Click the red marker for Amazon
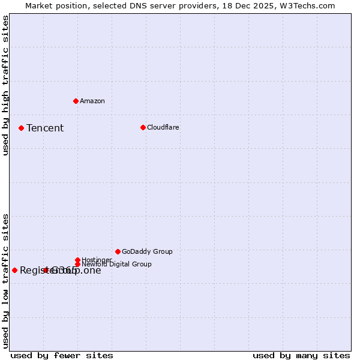click(x=76, y=101)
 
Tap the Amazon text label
click(x=92, y=101)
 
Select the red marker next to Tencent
click(x=21, y=128)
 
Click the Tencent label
click(x=45, y=128)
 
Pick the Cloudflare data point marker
click(x=143, y=127)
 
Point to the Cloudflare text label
click(x=163, y=127)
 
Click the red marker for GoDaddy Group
click(x=118, y=251)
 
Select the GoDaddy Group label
click(x=147, y=251)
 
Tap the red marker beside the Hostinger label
click(x=77, y=260)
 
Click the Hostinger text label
click(x=97, y=260)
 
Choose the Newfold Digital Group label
click(x=116, y=264)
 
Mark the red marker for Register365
click(x=14, y=270)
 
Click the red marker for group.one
click(x=46, y=270)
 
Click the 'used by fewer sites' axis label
click(x=62, y=355)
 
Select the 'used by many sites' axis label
click(x=301, y=355)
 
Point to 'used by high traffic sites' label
click(x=6, y=85)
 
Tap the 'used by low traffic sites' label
click(x=6, y=280)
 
